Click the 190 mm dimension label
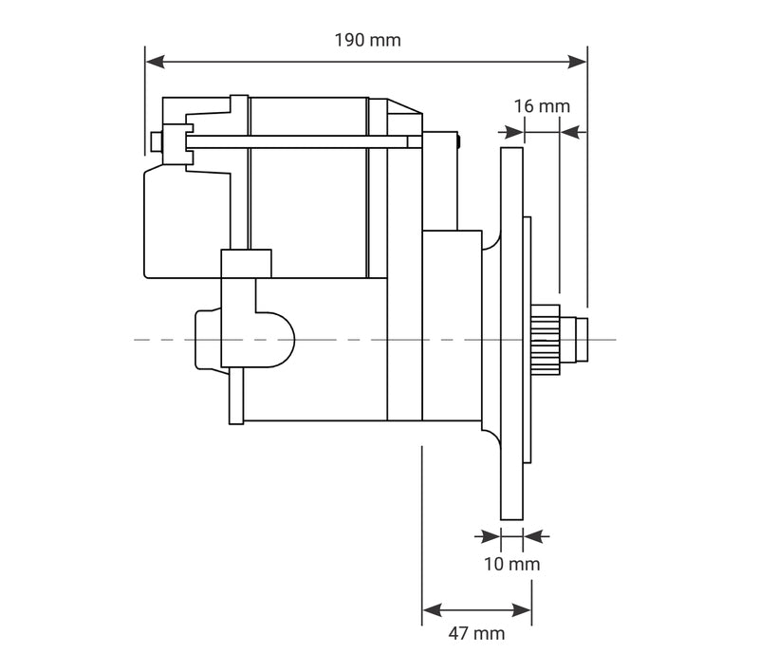point(367,40)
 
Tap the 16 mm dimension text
point(542,106)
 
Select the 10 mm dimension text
point(511,565)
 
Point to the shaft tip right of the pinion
point(581,339)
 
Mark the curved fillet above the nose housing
point(491,240)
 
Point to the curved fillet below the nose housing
point(491,438)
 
